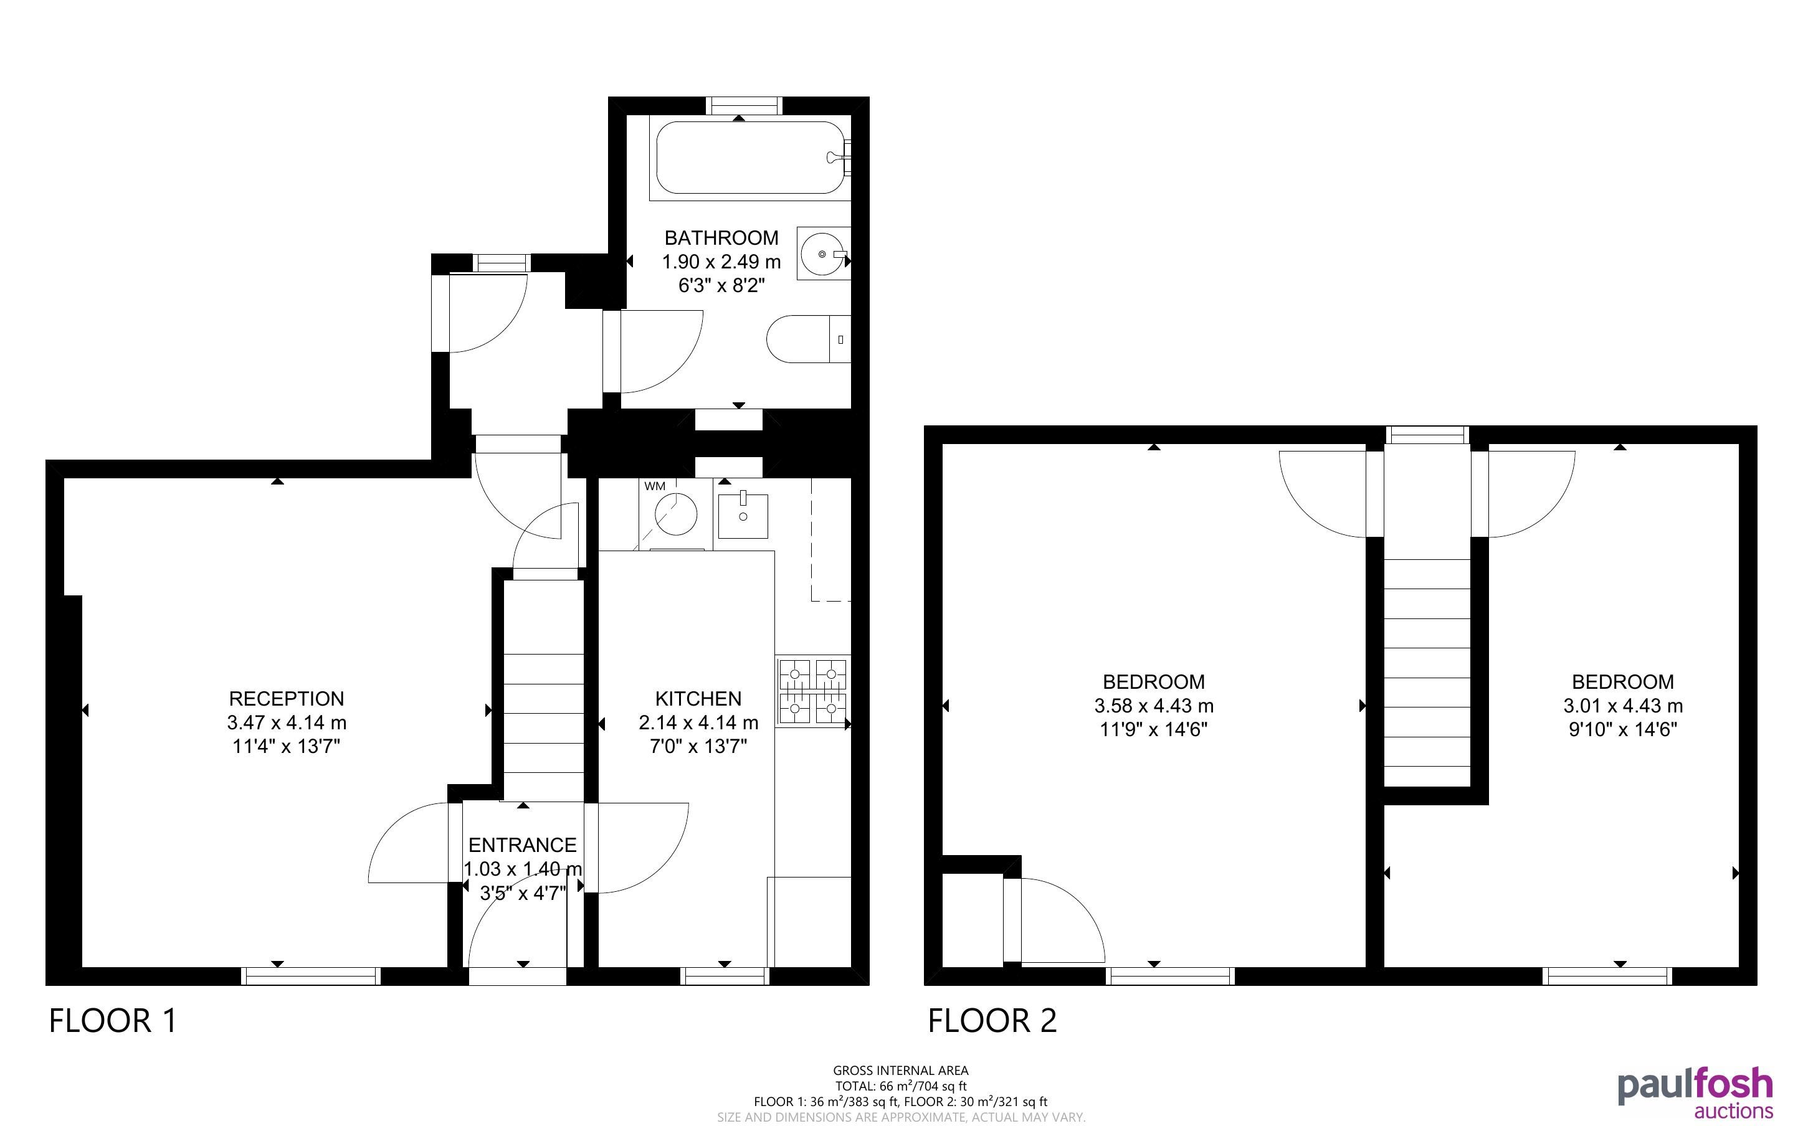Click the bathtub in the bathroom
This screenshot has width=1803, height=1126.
coord(751,158)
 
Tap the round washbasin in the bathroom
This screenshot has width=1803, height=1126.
coord(823,254)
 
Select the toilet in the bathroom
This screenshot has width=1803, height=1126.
coord(809,339)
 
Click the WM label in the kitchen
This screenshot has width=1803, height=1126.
coord(655,486)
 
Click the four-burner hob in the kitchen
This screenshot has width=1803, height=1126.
coord(812,692)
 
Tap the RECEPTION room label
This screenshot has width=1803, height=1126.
coord(287,699)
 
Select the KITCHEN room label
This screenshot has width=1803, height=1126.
coord(698,699)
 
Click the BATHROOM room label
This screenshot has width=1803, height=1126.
coord(721,237)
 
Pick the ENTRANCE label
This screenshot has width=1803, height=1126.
coord(523,845)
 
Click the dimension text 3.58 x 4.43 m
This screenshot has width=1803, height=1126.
coord(1154,705)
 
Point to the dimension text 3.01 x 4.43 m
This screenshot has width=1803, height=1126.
coord(1623,705)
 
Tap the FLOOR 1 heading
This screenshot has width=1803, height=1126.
coord(113,1020)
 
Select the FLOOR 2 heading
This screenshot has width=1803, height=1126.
coord(992,1020)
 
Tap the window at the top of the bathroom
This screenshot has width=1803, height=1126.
coord(744,106)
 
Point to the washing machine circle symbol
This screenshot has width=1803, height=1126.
coord(676,514)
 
